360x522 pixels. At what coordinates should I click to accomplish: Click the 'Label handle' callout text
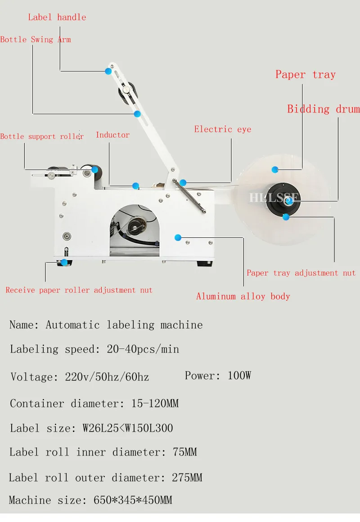pyautogui.click(x=57, y=18)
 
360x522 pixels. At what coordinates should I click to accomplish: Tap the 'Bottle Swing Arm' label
pyautogui.click(x=36, y=40)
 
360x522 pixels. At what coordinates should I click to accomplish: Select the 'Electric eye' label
pyautogui.click(x=222, y=129)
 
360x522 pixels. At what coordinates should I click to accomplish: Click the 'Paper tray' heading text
pyautogui.click(x=305, y=75)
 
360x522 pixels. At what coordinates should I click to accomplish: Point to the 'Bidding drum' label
pyautogui.click(x=323, y=109)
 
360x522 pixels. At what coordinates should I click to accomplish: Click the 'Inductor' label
pyautogui.click(x=112, y=135)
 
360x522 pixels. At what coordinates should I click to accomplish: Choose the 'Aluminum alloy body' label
pyautogui.click(x=243, y=296)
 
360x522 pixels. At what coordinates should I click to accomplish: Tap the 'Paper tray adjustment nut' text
pyautogui.click(x=301, y=273)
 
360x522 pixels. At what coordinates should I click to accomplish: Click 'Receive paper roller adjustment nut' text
pyautogui.click(x=79, y=290)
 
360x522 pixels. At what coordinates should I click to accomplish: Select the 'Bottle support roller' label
pyautogui.click(x=42, y=137)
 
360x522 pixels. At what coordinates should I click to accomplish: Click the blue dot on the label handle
pyautogui.click(x=108, y=71)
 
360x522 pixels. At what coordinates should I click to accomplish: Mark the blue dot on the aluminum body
pyautogui.click(x=178, y=237)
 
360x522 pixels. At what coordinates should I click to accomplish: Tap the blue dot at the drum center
pyautogui.click(x=288, y=202)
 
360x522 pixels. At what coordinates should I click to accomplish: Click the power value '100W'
pyautogui.click(x=239, y=375)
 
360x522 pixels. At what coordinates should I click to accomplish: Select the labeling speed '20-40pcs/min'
pyautogui.click(x=143, y=349)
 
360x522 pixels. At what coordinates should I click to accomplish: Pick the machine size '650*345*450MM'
pyautogui.click(x=133, y=500)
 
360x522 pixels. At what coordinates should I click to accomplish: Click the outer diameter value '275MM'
pyautogui.click(x=187, y=477)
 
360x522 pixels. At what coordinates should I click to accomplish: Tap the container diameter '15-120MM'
pyautogui.click(x=154, y=403)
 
